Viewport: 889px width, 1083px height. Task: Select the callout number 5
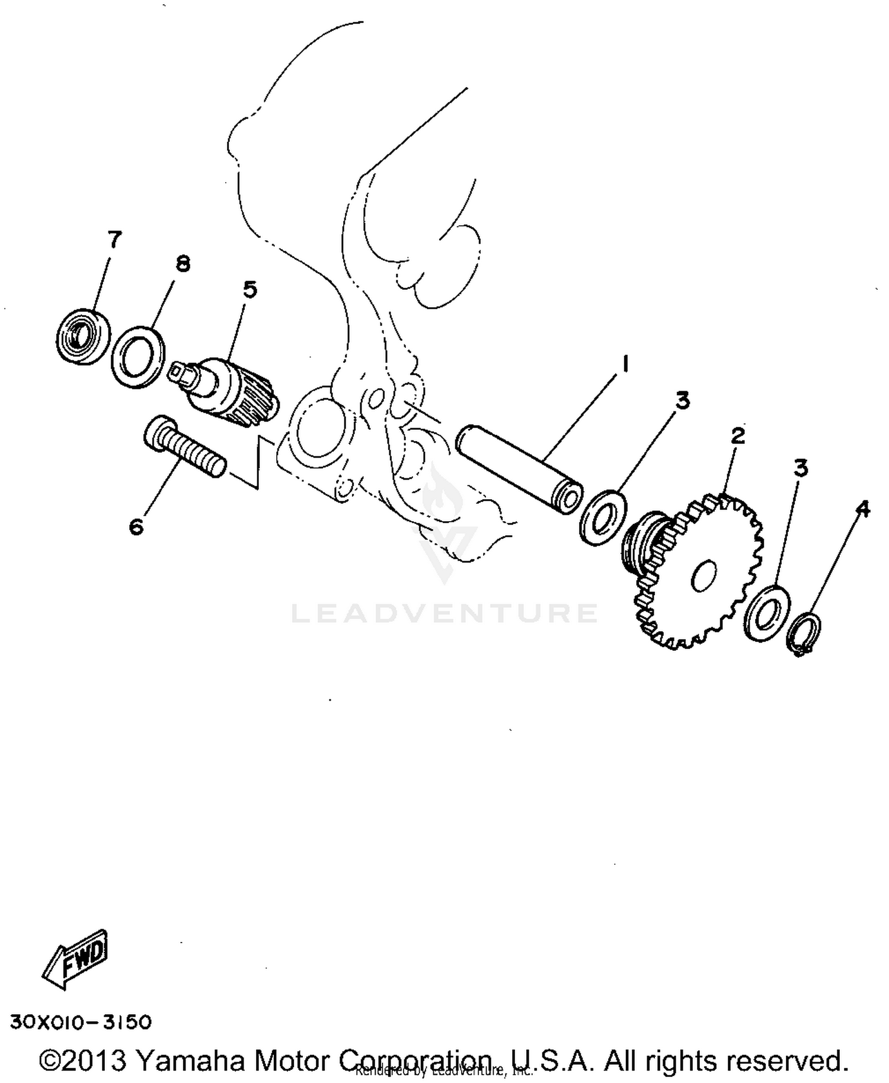tap(250, 290)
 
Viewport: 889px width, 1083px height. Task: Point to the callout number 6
tap(136, 526)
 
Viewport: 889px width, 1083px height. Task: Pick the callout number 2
tap(737, 436)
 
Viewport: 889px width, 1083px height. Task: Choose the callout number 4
tap(863, 508)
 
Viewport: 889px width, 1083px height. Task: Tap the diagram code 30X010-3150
tap(81, 1023)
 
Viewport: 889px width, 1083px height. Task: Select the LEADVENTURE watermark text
tap(444, 613)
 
